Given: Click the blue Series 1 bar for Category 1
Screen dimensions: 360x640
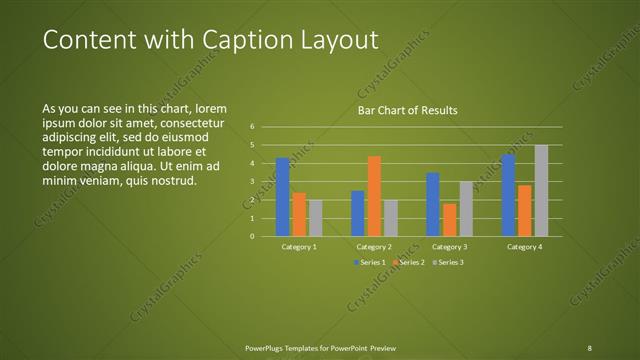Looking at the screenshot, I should pyautogui.click(x=283, y=197).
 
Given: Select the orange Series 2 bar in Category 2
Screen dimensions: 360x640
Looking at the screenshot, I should pyautogui.click(x=374, y=196).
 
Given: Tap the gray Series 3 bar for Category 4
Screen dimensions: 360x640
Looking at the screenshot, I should pyautogui.click(x=541, y=191).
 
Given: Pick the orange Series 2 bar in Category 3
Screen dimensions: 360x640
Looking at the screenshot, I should pyautogui.click(x=450, y=220).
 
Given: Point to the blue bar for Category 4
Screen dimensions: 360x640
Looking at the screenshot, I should pyautogui.click(x=508, y=195).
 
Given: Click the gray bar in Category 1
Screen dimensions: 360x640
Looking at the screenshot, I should pyautogui.click(x=316, y=218).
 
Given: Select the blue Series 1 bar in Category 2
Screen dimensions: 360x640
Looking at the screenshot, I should pyautogui.click(x=358, y=213).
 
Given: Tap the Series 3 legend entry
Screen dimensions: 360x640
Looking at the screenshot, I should pyautogui.click(x=447, y=262).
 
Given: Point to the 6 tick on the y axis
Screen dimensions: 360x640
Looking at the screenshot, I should pyautogui.click(x=252, y=127).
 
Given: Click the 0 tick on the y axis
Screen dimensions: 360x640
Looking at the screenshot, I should pyautogui.click(x=252, y=236).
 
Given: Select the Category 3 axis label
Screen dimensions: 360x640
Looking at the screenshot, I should pyautogui.click(x=449, y=247).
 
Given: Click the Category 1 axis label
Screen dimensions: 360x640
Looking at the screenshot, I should pyautogui.click(x=299, y=247).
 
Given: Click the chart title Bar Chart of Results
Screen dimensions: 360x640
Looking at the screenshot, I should pyautogui.click(x=408, y=111).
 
